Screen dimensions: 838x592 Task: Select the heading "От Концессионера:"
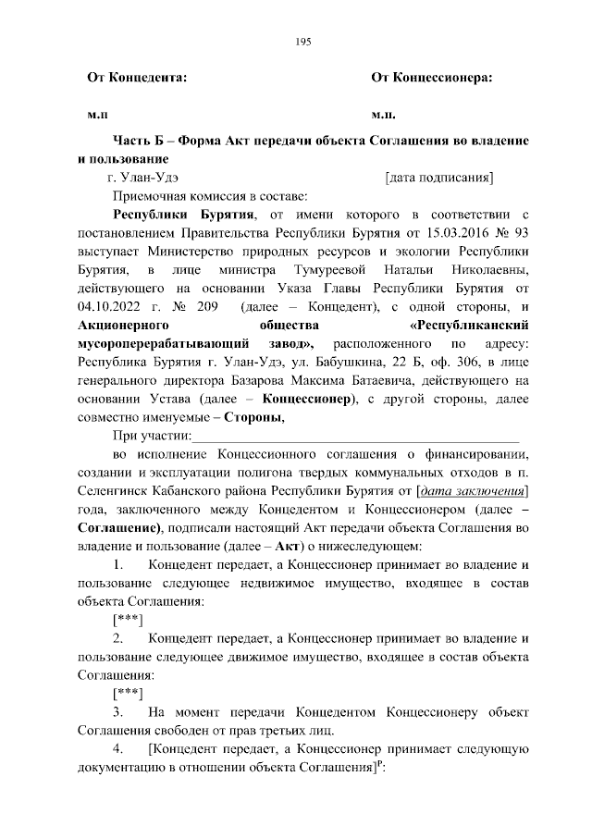pos(431,80)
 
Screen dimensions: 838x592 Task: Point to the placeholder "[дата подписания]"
pos(438,178)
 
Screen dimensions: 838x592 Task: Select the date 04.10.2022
pos(107,305)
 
